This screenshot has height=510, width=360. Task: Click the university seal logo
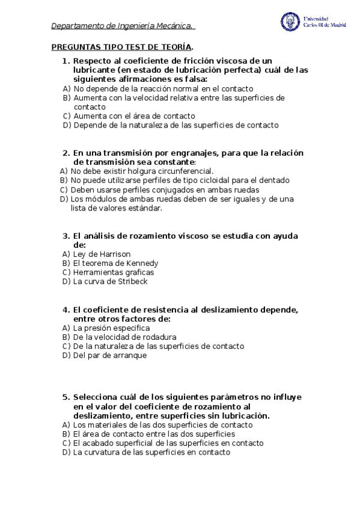[290, 22]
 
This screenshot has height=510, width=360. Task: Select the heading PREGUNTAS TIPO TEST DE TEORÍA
[122, 47]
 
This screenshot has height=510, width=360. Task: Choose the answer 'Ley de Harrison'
[102, 254]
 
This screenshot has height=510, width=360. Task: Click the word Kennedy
[141, 263]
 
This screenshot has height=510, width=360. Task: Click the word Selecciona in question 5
[97, 398]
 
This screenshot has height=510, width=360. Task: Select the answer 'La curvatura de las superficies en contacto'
[151, 453]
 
